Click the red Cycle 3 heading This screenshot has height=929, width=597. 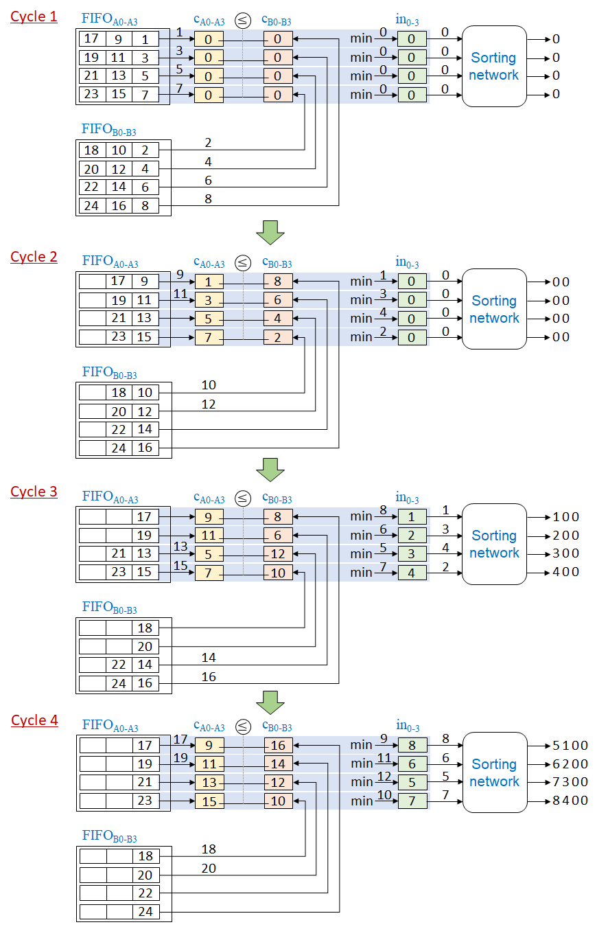tap(34, 492)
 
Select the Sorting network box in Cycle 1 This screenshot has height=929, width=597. tap(493, 67)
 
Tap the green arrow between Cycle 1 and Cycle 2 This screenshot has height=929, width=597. tap(270, 233)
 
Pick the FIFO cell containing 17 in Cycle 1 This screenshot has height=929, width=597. tap(92, 39)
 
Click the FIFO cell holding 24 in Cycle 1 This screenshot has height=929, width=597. tap(92, 205)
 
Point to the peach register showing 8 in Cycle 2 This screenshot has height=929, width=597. tap(278, 282)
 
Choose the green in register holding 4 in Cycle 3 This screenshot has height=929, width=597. tap(412, 572)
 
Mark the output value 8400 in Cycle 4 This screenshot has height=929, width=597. tap(570, 800)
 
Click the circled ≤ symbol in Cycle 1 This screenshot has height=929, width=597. tap(243, 20)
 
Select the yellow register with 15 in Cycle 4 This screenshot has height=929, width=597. tap(209, 801)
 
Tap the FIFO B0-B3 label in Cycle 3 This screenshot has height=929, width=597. tap(109, 608)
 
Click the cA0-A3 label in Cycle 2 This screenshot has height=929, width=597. tap(209, 262)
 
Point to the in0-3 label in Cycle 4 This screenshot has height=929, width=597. tap(408, 726)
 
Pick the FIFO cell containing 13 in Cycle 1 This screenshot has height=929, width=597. tap(119, 76)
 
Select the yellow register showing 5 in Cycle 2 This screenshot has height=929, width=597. tap(209, 319)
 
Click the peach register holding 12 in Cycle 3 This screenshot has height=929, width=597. tap(278, 553)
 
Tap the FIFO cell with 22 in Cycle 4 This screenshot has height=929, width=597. tap(145, 893)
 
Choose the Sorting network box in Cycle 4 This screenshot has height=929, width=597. tap(494, 773)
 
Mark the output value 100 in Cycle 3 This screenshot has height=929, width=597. tap(566, 517)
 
